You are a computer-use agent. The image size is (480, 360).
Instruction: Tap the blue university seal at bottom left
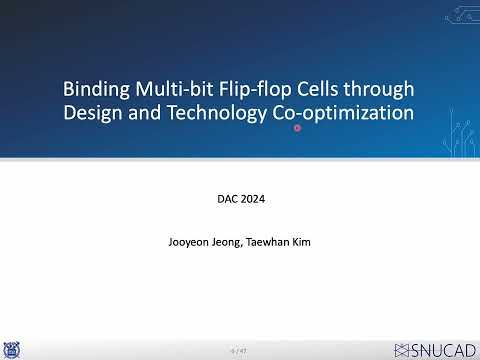coord(11,349)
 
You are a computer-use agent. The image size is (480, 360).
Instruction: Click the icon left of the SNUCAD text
coord(403,349)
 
